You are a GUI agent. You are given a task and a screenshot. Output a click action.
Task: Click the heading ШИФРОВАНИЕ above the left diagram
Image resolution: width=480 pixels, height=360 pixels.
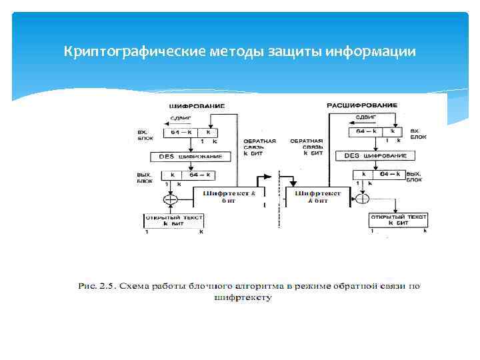click(197, 106)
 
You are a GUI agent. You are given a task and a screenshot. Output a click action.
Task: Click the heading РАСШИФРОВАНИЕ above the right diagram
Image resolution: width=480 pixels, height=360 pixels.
click(363, 105)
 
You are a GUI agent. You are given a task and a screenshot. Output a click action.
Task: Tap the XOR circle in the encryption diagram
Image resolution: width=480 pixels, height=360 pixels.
click(171, 199)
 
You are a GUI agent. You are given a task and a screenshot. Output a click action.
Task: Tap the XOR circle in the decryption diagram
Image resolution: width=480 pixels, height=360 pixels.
click(362, 198)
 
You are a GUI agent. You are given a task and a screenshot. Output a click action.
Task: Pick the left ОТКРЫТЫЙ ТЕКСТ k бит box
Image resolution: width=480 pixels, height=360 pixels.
click(174, 221)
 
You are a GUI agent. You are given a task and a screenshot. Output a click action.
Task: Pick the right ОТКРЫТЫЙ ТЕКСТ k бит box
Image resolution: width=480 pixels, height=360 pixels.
click(399, 220)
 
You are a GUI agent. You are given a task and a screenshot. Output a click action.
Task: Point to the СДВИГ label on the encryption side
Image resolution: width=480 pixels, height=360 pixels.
click(182, 117)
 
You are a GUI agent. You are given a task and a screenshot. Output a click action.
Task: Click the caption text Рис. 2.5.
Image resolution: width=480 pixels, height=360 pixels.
click(97, 287)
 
